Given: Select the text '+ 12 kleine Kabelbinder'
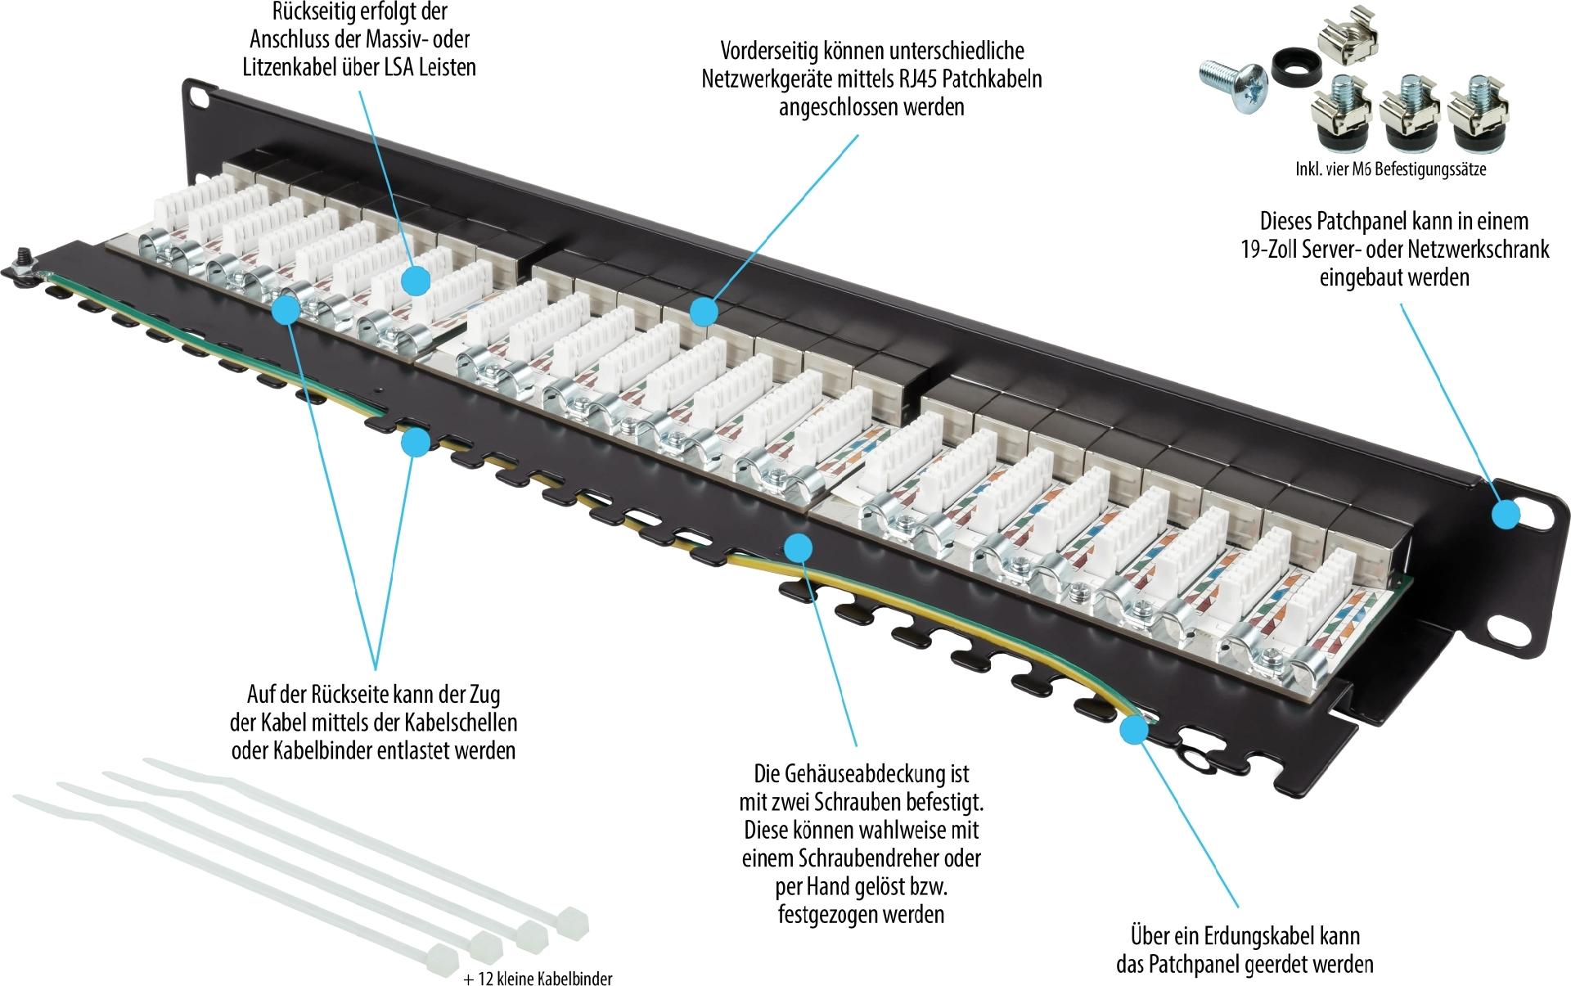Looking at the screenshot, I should [x=537, y=979].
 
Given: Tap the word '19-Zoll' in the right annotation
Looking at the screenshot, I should [x=1272, y=249].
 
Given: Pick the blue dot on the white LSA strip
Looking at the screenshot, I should [x=416, y=281].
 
